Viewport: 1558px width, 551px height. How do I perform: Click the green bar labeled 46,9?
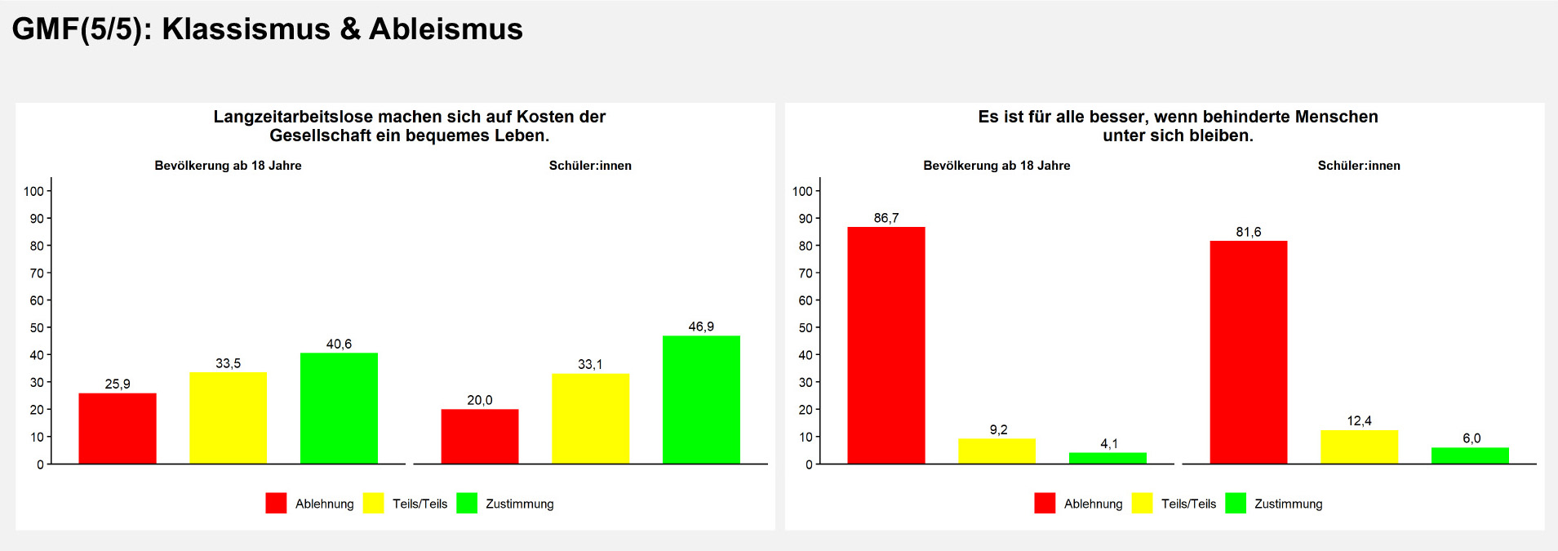coord(701,399)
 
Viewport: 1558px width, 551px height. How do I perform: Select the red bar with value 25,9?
coord(118,428)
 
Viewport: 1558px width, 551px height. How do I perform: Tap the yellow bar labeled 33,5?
coord(228,417)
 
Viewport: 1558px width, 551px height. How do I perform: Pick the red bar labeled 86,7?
coord(886,344)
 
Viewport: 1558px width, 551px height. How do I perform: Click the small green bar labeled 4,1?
coord(1107,458)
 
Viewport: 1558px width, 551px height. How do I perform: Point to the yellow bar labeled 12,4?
coord(1359,447)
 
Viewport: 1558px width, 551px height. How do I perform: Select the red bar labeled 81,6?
coord(1248,352)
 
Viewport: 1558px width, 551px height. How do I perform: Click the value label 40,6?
coord(339,344)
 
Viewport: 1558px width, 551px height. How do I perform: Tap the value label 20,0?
coord(480,400)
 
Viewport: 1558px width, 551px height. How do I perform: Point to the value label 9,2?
coord(998,430)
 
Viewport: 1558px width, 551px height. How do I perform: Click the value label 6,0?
coord(1471,438)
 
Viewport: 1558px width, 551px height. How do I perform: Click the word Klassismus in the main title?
coord(246,29)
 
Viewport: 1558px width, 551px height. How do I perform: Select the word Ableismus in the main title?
coord(446,29)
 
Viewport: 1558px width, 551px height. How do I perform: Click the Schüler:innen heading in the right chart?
coord(1359,166)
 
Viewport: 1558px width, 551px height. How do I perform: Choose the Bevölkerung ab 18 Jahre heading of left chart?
coord(228,166)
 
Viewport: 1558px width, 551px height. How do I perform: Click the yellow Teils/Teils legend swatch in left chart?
coord(373,503)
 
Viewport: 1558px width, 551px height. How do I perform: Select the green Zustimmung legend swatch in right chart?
coord(1236,503)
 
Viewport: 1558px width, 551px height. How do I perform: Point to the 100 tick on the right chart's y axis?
coord(802,191)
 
